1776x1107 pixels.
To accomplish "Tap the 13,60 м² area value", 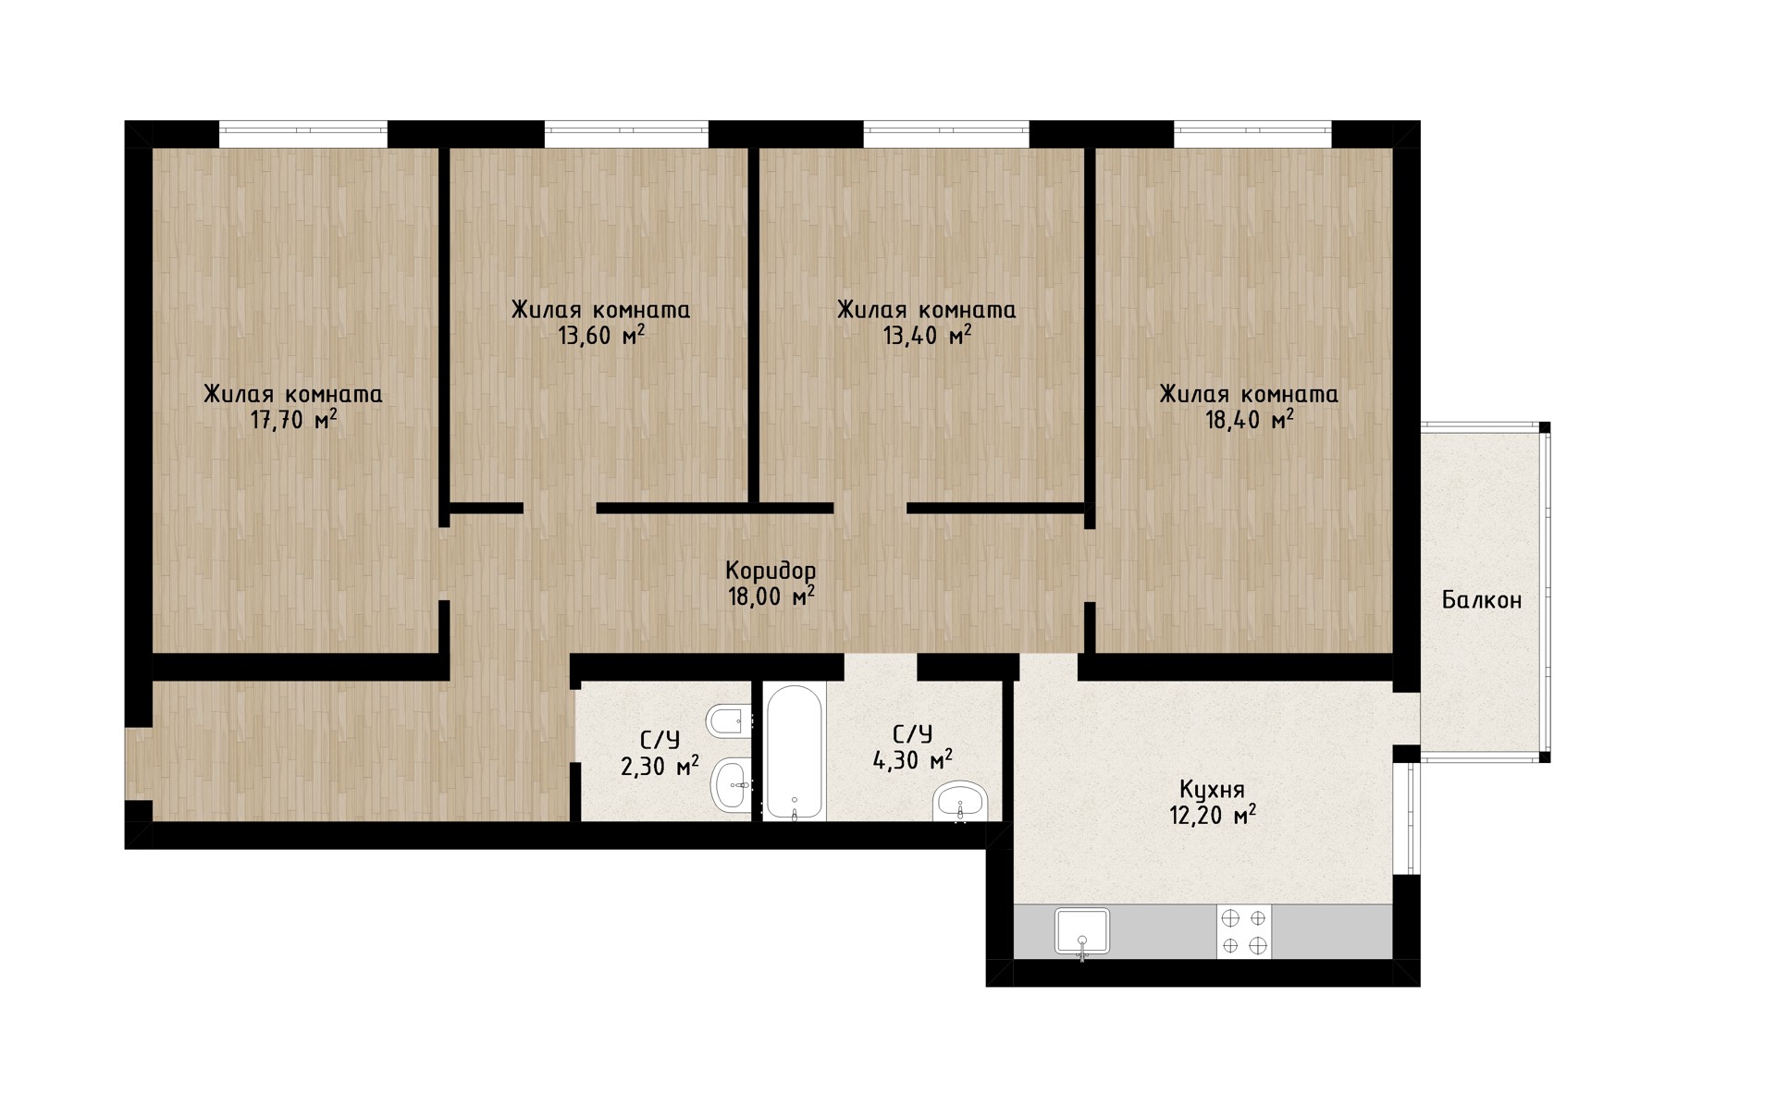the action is (601, 336).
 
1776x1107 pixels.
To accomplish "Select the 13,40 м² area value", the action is (927, 336).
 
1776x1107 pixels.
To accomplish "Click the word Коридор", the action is (771, 570).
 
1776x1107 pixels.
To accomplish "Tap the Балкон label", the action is (1482, 600).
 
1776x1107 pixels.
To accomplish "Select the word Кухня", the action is (1212, 790).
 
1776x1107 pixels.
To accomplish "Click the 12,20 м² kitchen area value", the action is (1212, 816).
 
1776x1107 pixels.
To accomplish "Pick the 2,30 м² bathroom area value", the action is (660, 767).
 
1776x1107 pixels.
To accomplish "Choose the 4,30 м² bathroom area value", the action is (913, 761).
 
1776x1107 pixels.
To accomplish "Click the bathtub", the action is (795, 752).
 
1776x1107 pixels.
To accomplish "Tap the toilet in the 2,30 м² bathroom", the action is (729, 720).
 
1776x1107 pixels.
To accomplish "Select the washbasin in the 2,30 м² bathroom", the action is (733, 785).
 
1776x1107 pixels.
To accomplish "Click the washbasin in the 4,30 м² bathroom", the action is (961, 801).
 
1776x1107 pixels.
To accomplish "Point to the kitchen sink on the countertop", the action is (1082, 931).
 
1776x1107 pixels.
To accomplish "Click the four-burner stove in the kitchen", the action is (1244, 931).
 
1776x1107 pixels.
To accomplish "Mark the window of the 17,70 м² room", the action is (303, 134).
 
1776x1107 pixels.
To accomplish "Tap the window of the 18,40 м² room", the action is (1253, 134).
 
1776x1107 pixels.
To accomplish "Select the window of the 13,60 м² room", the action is (626, 134).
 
